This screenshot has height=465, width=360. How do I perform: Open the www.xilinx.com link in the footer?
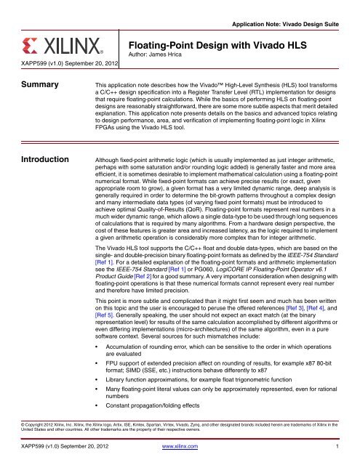pyautogui.click(x=179, y=458)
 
